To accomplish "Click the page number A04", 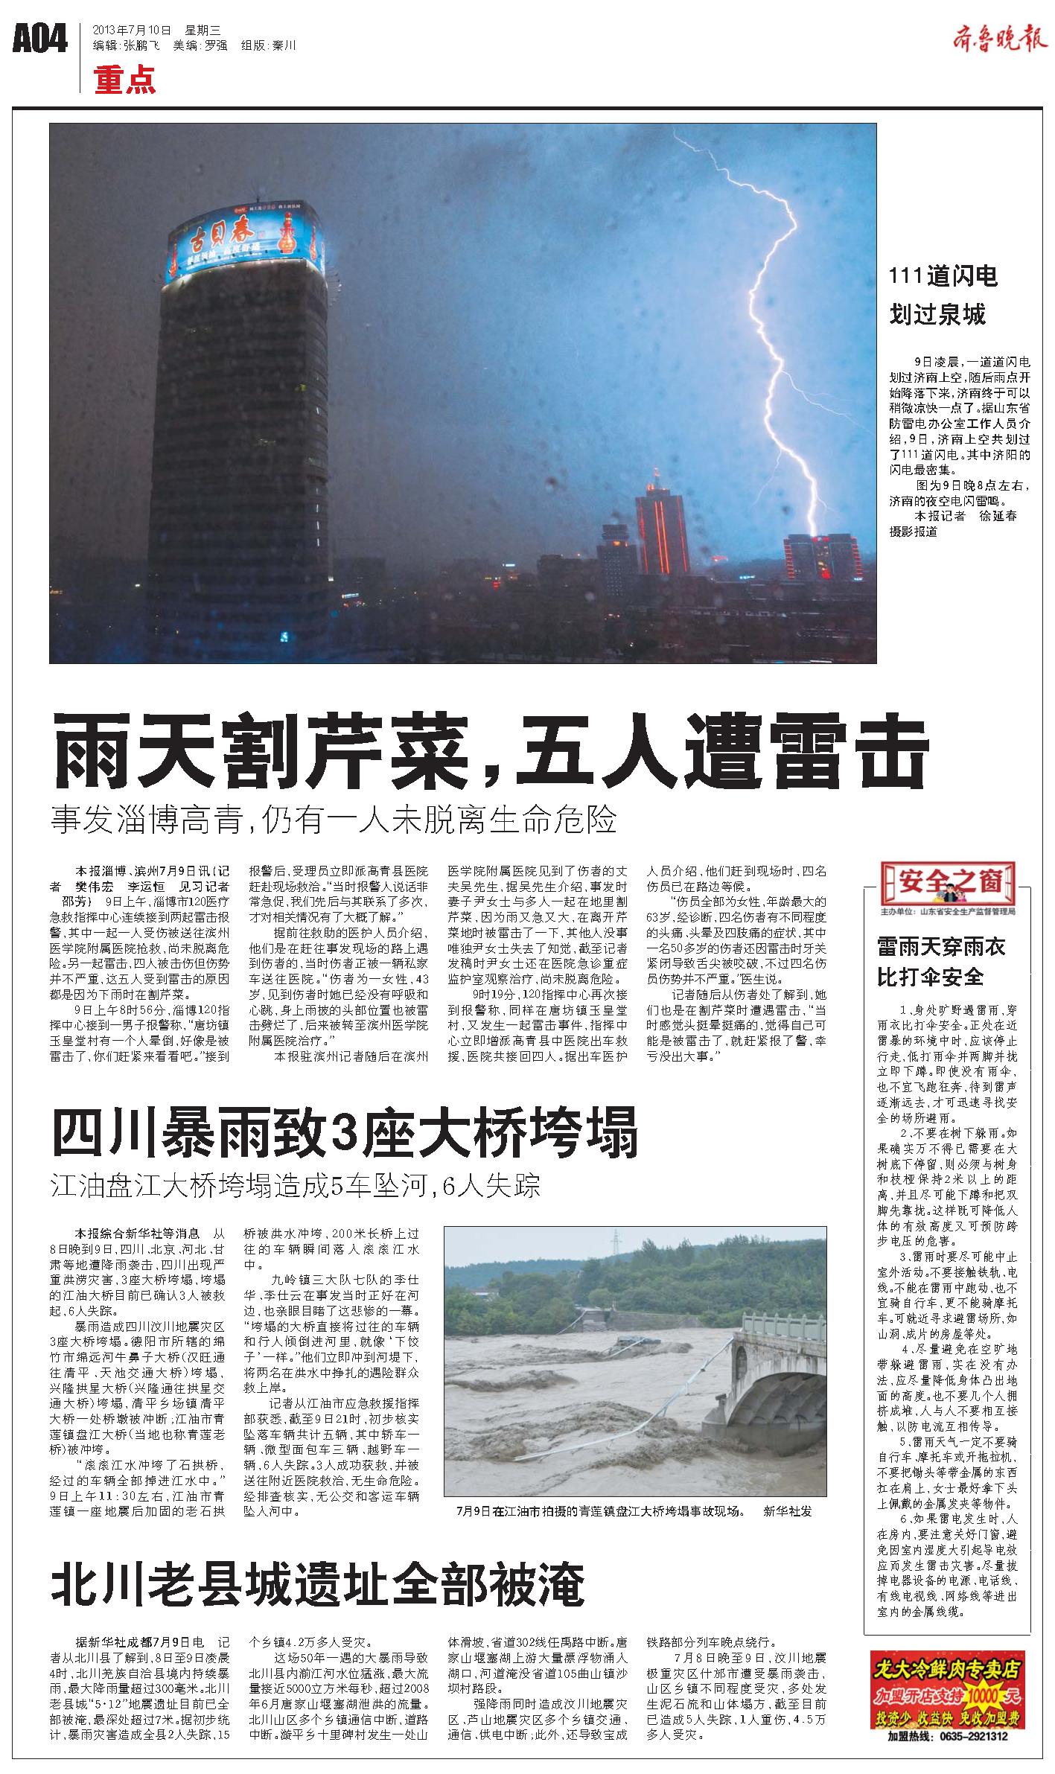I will point(40,39).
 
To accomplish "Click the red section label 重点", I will point(125,80).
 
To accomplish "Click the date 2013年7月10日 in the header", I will point(131,31).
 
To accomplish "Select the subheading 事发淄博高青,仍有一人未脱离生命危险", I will point(334,820).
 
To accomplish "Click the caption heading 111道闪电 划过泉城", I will point(943,296).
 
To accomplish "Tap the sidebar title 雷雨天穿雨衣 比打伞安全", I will point(941,962).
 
